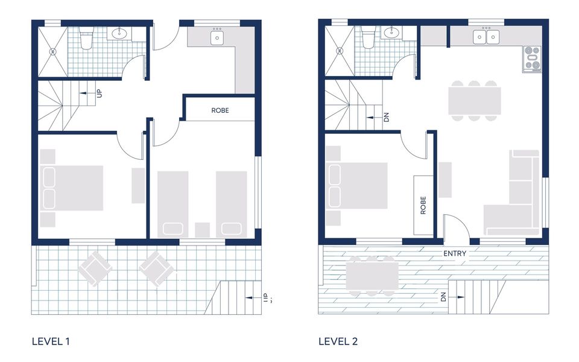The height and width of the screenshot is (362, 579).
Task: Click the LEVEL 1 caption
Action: tap(51, 341)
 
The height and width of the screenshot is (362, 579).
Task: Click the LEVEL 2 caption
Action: tap(338, 341)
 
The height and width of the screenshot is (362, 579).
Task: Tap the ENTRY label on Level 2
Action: tap(454, 253)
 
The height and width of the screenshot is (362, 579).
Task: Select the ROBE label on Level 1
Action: tap(220, 111)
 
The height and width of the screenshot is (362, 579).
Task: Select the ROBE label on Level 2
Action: tap(423, 206)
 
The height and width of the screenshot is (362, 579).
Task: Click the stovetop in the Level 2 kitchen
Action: tap(532, 59)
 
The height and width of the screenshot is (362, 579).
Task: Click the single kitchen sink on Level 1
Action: tap(217, 37)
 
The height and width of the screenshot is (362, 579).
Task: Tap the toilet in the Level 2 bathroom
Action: tap(369, 39)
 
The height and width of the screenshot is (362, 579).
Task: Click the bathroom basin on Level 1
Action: tap(119, 33)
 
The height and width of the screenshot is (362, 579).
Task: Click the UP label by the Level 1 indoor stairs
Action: tap(99, 94)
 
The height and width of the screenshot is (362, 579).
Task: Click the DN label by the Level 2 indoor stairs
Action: tap(386, 116)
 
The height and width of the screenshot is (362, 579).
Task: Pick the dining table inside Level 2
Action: tap(474, 101)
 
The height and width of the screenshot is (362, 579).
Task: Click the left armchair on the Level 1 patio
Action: tap(95, 268)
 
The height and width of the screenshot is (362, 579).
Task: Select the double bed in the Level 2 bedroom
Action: tap(356, 186)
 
